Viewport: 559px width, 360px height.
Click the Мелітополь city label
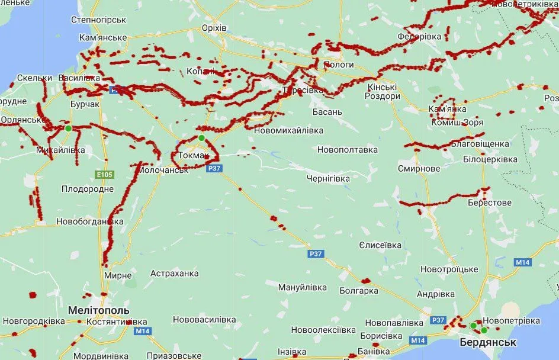[98, 310]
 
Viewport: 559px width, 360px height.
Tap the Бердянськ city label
[488, 342]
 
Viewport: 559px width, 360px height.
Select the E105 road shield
[104, 175]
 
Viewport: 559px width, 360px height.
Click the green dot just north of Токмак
[201, 138]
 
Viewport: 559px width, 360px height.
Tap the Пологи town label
[339, 65]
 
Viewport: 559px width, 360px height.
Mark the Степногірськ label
[99, 20]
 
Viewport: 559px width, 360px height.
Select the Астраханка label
[174, 273]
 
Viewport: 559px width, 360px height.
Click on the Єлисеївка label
[380, 245]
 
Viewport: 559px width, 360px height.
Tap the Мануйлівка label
[302, 287]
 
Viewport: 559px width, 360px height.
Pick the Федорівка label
[419, 37]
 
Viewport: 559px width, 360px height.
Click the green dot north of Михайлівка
[68, 128]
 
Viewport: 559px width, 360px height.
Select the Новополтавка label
[347, 150]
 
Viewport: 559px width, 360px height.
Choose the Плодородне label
[87, 189]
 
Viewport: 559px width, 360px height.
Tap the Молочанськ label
[162, 169]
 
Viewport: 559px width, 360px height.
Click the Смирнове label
[419, 169]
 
